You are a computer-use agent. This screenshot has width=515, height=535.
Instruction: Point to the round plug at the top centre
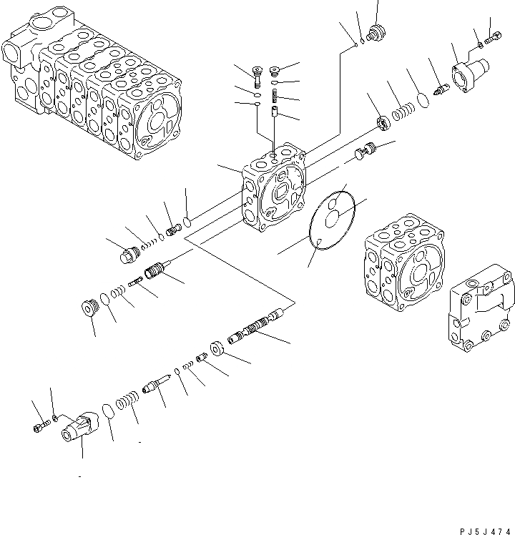(x=372, y=34)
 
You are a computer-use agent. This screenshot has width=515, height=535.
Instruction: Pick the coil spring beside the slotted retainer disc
(x=403, y=112)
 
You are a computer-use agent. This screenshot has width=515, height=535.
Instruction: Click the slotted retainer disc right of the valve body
(x=383, y=123)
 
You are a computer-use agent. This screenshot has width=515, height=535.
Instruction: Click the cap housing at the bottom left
(x=79, y=428)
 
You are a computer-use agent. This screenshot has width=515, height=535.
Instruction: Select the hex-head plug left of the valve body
(x=129, y=253)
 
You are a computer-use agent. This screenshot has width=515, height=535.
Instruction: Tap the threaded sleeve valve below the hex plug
(x=156, y=272)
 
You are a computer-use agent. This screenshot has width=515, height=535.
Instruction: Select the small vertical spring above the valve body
(x=275, y=99)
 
